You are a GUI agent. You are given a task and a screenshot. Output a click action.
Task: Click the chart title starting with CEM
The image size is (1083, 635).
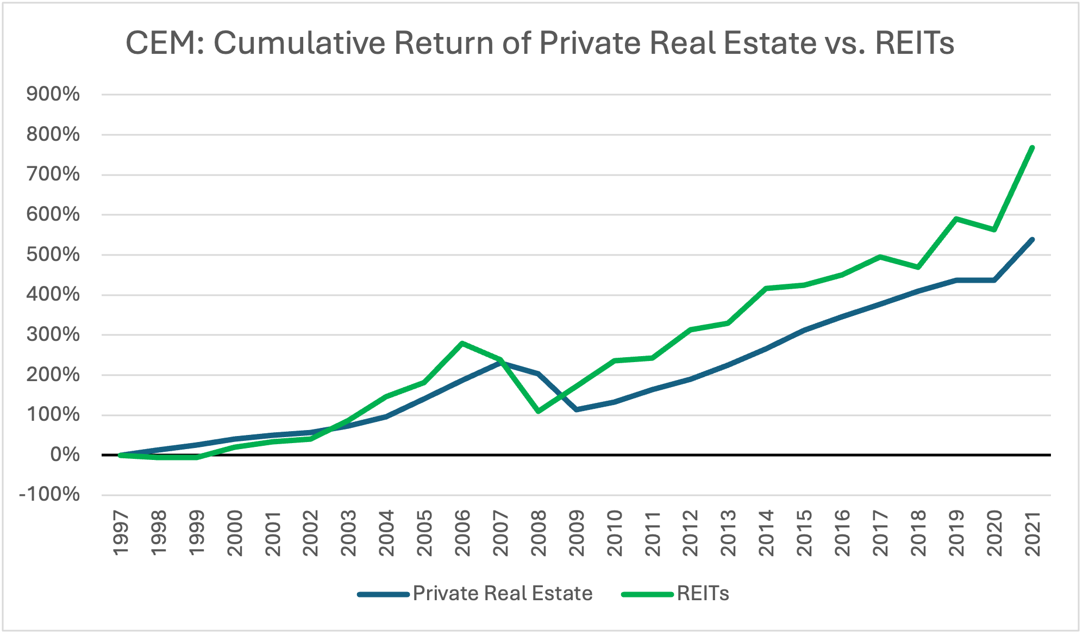539,43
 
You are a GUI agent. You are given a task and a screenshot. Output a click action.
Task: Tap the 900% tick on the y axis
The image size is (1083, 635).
53,95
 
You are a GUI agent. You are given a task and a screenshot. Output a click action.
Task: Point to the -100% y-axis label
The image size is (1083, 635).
49,495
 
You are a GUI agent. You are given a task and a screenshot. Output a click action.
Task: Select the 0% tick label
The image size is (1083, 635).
65,455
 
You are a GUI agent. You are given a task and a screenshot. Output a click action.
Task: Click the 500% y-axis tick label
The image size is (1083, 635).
53,254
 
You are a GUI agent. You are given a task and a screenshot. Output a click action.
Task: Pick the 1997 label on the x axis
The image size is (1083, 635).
121,533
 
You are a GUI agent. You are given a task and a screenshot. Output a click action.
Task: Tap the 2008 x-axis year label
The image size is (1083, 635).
539,533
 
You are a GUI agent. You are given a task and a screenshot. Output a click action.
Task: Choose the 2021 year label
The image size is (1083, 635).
1032,533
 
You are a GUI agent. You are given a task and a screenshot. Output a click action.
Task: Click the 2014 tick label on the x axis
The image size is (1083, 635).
766,533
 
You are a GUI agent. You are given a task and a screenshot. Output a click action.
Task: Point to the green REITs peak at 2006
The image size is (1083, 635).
462,343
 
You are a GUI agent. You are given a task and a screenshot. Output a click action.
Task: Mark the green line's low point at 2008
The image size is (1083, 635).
538,412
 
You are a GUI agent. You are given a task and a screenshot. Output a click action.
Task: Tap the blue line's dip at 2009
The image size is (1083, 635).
576,409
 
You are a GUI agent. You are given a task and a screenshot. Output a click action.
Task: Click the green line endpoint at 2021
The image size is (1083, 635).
1032,147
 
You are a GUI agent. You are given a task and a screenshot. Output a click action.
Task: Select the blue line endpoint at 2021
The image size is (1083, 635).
1032,239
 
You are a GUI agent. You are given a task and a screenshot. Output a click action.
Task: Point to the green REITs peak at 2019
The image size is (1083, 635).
956,219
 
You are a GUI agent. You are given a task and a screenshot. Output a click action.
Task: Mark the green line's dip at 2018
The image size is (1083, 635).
918,267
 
